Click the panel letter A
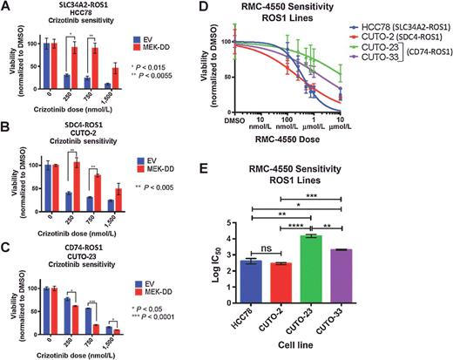(6, 8)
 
